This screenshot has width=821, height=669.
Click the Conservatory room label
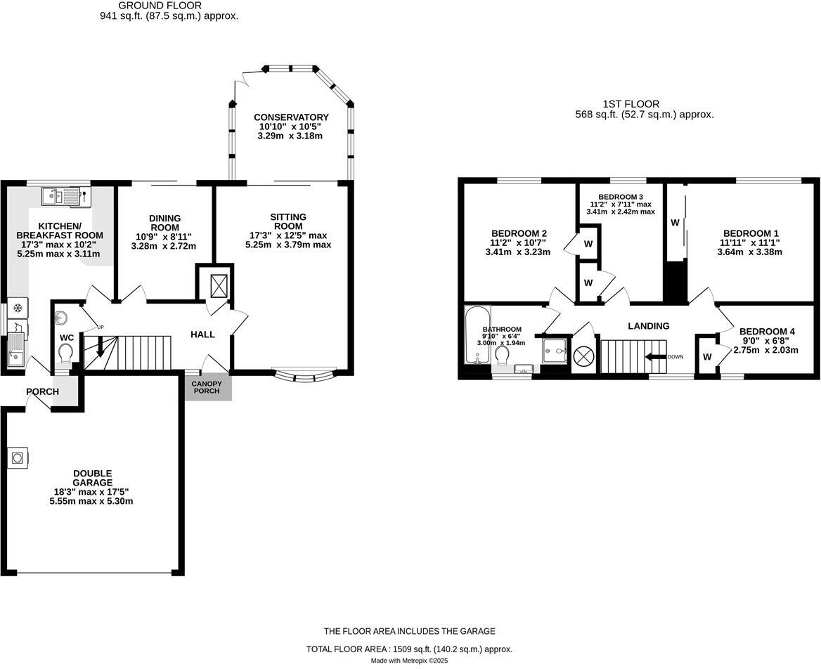click(x=291, y=117)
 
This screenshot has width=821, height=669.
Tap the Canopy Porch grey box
click(x=208, y=387)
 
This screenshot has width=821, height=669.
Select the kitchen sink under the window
click(x=66, y=197)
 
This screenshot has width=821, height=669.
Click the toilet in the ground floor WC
click(x=67, y=351)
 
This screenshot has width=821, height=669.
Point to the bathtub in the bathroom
click(x=476, y=334)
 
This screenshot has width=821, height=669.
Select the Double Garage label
click(x=92, y=478)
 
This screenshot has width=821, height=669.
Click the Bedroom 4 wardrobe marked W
click(x=706, y=356)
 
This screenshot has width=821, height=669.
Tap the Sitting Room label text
click(x=288, y=221)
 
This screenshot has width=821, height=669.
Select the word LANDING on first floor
click(x=648, y=326)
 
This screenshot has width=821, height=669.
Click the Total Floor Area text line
click(x=410, y=649)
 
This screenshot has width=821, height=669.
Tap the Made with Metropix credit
click(x=410, y=661)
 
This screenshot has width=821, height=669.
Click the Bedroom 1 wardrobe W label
click(x=675, y=223)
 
